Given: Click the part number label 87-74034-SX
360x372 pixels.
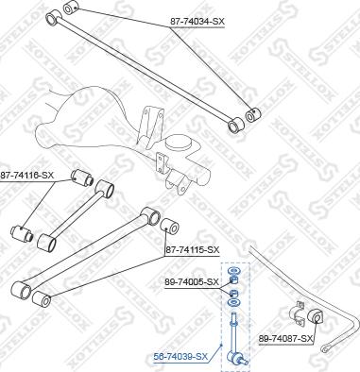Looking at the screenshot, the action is [x=197, y=19].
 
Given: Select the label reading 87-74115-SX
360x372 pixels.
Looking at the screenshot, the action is [x=192, y=249].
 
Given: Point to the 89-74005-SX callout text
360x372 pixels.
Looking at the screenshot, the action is [x=192, y=281].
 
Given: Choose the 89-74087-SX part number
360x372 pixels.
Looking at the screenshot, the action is [x=285, y=337].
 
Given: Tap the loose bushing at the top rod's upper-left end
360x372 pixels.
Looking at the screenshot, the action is [x=68, y=8].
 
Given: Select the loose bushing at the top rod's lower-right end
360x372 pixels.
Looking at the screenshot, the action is [x=250, y=116].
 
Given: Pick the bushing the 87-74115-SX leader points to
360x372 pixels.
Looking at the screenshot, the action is [x=171, y=227].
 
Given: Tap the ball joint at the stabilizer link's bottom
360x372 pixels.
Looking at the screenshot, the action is [x=237, y=356].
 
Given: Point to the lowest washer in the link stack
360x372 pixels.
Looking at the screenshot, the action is [x=233, y=305].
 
